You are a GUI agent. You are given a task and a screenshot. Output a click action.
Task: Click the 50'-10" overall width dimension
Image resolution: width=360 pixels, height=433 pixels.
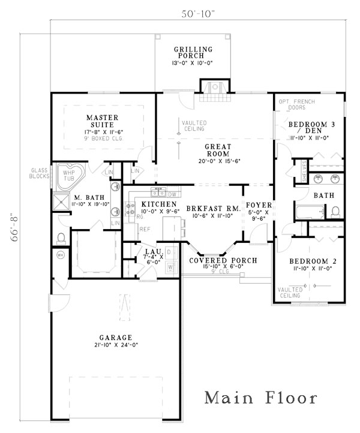point(197,13)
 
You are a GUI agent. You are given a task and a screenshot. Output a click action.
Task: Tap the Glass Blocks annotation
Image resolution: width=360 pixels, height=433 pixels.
point(40,173)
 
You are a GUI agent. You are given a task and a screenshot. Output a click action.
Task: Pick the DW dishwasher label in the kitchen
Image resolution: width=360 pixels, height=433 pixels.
point(172,194)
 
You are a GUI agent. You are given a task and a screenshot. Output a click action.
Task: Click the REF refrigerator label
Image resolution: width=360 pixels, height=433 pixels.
point(145,228)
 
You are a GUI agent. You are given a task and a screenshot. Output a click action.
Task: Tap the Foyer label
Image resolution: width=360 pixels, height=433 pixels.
point(259,208)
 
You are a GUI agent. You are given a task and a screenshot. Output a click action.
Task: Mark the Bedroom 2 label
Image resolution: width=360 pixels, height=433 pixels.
point(310,265)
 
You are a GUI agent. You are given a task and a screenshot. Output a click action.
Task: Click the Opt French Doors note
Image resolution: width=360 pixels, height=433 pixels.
point(293,104)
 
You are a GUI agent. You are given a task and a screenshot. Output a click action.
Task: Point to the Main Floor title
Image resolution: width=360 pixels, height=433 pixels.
point(260,398)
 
